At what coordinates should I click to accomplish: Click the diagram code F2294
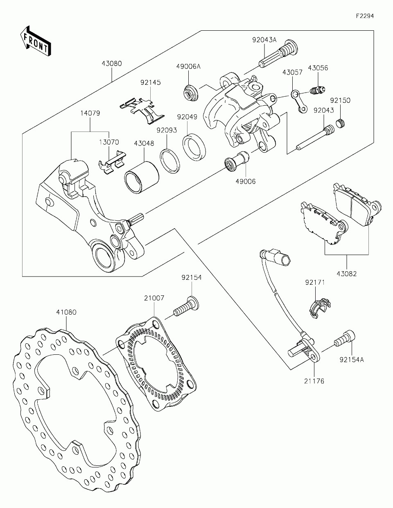[365, 16]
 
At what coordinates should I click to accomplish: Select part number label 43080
[112, 63]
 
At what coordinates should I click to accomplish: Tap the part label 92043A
[264, 40]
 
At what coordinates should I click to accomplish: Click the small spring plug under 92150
[341, 123]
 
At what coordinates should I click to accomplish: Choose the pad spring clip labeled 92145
[142, 110]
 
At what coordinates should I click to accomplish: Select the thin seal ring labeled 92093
[170, 161]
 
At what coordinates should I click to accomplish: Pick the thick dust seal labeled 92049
[194, 147]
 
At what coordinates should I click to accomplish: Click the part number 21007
[154, 298]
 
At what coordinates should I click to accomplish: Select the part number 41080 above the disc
[66, 312]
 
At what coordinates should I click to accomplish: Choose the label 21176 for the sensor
[314, 381]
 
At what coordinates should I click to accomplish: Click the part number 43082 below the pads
[347, 274]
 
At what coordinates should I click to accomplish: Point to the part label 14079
[90, 113]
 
